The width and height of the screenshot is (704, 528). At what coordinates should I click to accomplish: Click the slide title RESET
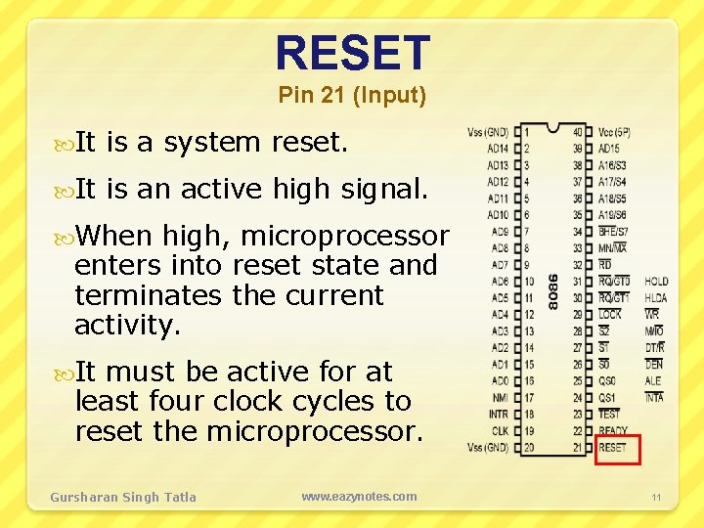[x=352, y=54]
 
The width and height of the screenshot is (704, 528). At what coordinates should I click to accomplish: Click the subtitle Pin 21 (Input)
[x=352, y=96]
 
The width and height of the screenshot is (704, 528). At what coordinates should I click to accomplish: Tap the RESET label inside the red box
[x=613, y=448]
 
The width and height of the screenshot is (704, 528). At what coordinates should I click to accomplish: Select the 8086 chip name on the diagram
[x=554, y=290]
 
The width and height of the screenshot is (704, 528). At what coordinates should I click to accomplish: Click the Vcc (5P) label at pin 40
[x=615, y=132]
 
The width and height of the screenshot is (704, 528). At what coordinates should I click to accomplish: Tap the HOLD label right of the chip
[x=656, y=282]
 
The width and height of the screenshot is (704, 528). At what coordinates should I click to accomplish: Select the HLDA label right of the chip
[x=656, y=298]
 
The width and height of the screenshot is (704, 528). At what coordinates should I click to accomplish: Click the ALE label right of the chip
[x=653, y=381]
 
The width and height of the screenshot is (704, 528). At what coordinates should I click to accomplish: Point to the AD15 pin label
[x=611, y=149]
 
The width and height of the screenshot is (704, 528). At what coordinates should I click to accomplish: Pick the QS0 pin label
[x=608, y=381]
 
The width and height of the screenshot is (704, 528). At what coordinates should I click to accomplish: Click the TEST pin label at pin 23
[x=609, y=415]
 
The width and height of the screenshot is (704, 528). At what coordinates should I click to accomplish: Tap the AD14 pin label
[x=497, y=149]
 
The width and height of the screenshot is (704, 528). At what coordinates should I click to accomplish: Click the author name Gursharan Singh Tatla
[x=123, y=497]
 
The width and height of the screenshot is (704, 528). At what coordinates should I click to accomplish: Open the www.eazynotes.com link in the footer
[x=359, y=497]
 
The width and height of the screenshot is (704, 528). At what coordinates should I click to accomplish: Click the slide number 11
[x=657, y=498]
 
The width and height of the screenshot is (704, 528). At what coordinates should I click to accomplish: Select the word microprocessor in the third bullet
[x=344, y=237]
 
